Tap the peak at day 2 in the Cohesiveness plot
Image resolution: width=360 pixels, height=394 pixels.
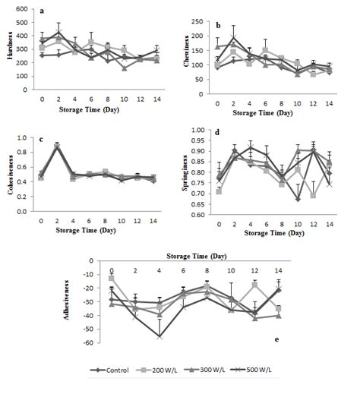pyautogui.click(x=58, y=145)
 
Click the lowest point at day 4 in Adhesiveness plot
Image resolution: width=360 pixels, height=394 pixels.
pyautogui.click(x=159, y=336)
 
